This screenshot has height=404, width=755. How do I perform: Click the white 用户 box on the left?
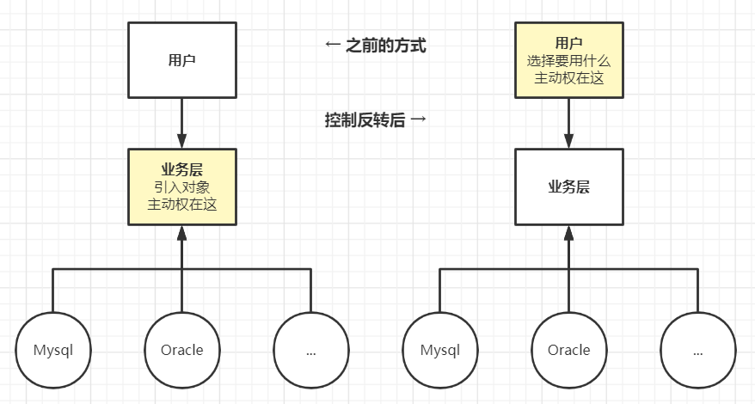click(x=181, y=59)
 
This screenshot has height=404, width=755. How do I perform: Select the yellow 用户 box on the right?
click(x=568, y=59)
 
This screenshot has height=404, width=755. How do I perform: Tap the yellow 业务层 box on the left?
click(x=181, y=187)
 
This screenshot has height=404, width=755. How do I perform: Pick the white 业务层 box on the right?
click(x=568, y=187)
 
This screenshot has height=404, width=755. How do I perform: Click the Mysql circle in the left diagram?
click(x=53, y=350)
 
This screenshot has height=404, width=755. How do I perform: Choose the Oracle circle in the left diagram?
click(x=181, y=350)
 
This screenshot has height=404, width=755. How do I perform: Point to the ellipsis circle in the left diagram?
click(x=310, y=350)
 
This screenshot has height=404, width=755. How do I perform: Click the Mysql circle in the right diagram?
click(x=439, y=350)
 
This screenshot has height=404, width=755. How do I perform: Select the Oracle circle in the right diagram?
click(x=568, y=350)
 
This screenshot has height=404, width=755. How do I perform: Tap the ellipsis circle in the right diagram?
click(x=697, y=350)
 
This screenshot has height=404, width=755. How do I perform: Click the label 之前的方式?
click(x=386, y=46)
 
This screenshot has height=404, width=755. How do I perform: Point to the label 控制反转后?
click(x=365, y=120)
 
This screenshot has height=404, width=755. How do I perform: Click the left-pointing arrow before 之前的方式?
click(x=334, y=46)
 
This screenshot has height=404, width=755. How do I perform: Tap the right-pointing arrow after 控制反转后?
click(x=419, y=120)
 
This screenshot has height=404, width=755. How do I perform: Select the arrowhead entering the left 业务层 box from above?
click(x=181, y=141)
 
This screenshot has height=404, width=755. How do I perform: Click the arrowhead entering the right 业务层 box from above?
click(x=568, y=141)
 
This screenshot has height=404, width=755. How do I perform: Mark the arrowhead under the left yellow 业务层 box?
click(x=181, y=233)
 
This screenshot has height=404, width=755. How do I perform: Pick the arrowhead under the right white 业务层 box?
click(x=568, y=233)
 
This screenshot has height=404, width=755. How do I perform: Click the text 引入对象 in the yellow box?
click(x=181, y=187)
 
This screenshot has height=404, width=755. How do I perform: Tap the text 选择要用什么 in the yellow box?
click(x=568, y=60)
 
